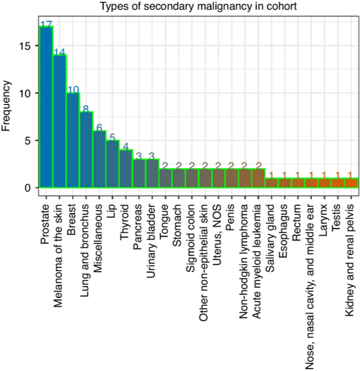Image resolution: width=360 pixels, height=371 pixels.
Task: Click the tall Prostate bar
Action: (x=46, y=108)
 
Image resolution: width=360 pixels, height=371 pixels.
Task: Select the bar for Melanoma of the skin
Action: (x=60, y=121)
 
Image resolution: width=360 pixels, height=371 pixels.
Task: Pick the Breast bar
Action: (x=73, y=141)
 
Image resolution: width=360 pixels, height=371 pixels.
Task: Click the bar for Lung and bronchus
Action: (x=86, y=150)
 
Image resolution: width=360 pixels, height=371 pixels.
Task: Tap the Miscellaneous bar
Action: (x=99, y=159)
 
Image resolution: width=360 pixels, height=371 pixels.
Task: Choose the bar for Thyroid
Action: (x=126, y=169)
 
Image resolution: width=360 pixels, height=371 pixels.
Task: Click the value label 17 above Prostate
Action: (x=46, y=24)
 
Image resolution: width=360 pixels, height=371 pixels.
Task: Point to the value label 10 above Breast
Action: (x=73, y=90)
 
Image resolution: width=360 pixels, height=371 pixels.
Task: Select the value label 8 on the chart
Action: (x=86, y=109)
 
